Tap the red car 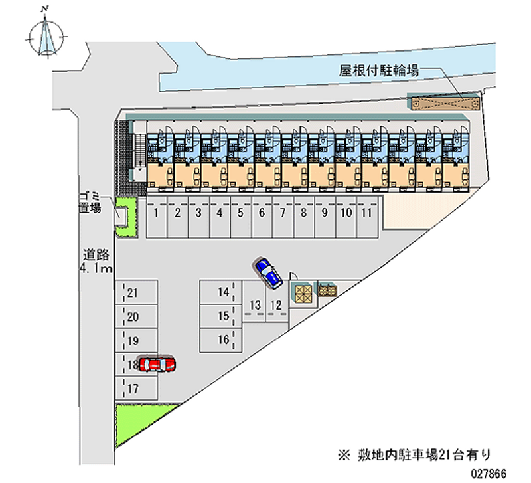click(x=158, y=364)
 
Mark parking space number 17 click(x=136, y=389)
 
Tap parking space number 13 click(x=254, y=305)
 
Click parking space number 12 click(x=277, y=305)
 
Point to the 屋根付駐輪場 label click(x=379, y=70)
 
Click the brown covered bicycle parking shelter click(x=445, y=103)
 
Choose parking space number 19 click(x=136, y=341)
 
